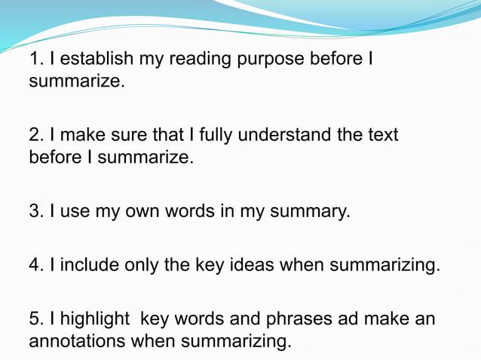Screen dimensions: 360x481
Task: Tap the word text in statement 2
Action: pyautogui.click(x=382, y=136)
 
